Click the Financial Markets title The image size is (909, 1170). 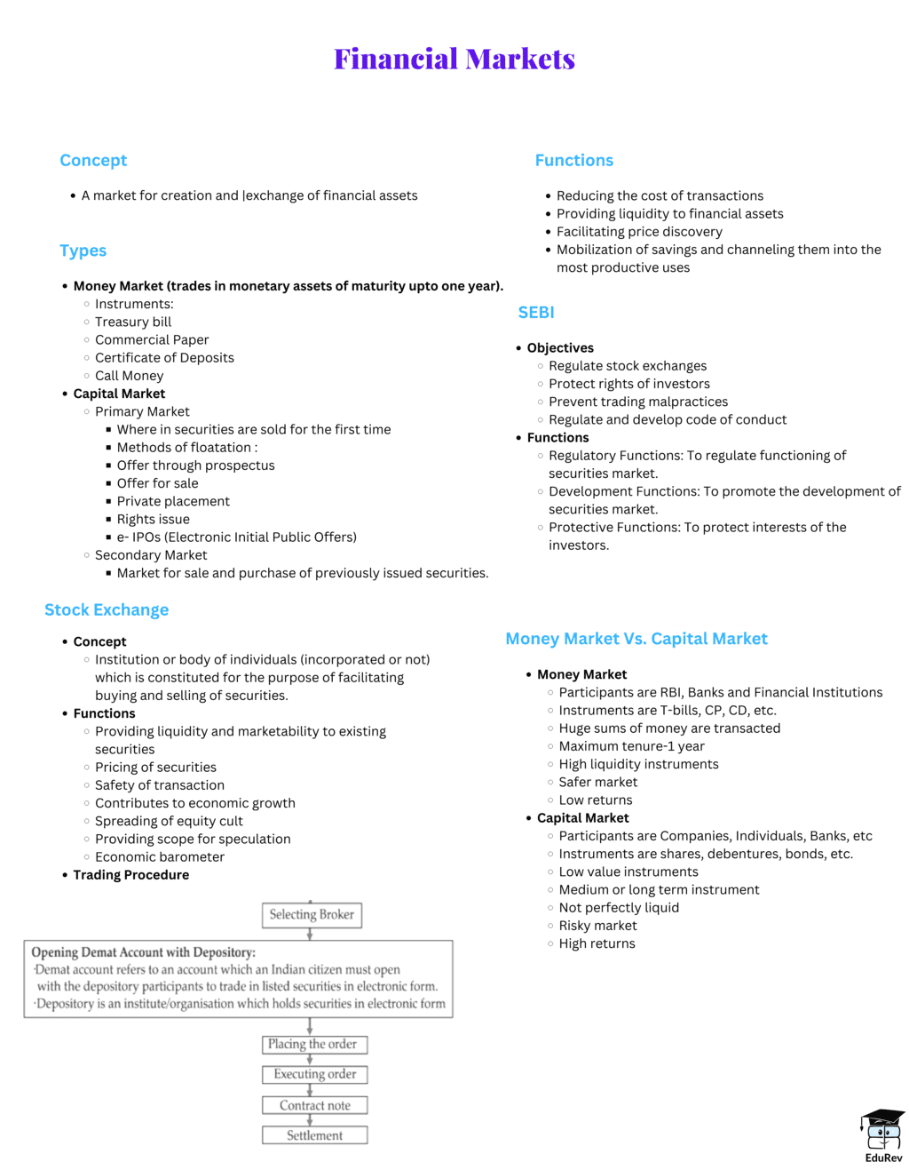point(454,59)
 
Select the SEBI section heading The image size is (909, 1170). point(536,313)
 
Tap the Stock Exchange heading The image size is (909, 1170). point(107,609)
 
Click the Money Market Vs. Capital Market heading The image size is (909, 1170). point(636,639)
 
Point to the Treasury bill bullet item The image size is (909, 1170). point(133,322)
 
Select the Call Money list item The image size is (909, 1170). point(130,376)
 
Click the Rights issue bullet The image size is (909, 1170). point(154,519)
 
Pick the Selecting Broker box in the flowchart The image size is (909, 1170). point(312,914)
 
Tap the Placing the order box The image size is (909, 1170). point(312,1044)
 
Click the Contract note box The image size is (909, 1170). point(314,1105)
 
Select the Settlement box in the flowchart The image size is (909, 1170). point(314,1135)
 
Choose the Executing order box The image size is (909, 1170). point(314,1074)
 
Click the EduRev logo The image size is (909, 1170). point(882,1135)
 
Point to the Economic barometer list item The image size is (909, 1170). point(160,856)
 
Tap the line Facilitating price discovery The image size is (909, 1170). point(639,232)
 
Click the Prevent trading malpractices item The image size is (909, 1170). point(638,402)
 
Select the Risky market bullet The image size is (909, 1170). point(597,926)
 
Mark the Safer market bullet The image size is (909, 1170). point(598,782)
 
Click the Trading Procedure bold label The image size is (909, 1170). point(131,875)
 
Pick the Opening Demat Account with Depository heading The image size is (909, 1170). point(144,952)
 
